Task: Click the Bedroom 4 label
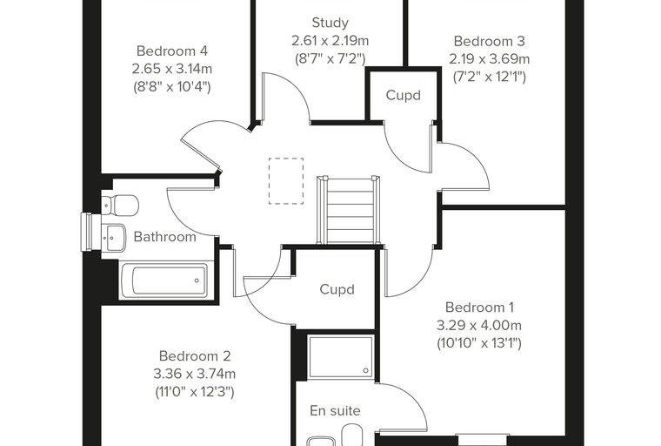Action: pyautogui.click(x=172, y=51)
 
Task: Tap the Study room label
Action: pyautogui.click(x=330, y=23)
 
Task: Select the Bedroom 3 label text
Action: pyautogui.click(x=489, y=42)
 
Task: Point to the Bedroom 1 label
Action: pyautogui.click(x=479, y=307)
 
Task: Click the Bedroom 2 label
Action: pyautogui.click(x=195, y=356)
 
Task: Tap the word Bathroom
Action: pyautogui.click(x=165, y=237)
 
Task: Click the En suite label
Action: pyautogui.click(x=335, y=411)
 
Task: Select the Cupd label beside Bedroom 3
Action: pyautogui.click(x=404, y=96)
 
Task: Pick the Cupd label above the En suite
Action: pyautogui.click(x=337, y=290)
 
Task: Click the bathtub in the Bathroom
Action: pyautogui.click(x=164, y=280)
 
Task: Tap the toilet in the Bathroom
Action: pyautogui.click(x=120, y=205)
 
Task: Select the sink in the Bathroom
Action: pyautogui.click(x=113, y=237)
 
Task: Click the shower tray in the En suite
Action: pyautogui.click(x=341, y=357)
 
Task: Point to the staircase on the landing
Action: pyautogui.click(x=348, y=210)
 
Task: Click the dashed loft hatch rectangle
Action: pyautogui.click(x=286, y=181)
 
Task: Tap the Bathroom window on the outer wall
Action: pyautogui.click(x=87, y=232)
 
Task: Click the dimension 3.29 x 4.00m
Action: pyautogui.click(x=479, y=325)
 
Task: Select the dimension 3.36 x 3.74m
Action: pyautogui.click(x=195, y=374)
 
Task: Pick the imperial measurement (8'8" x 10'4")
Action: pyautogui.click(x=172, y=87)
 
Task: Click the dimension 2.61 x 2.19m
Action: pyautogui.click(x=330, y=41)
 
